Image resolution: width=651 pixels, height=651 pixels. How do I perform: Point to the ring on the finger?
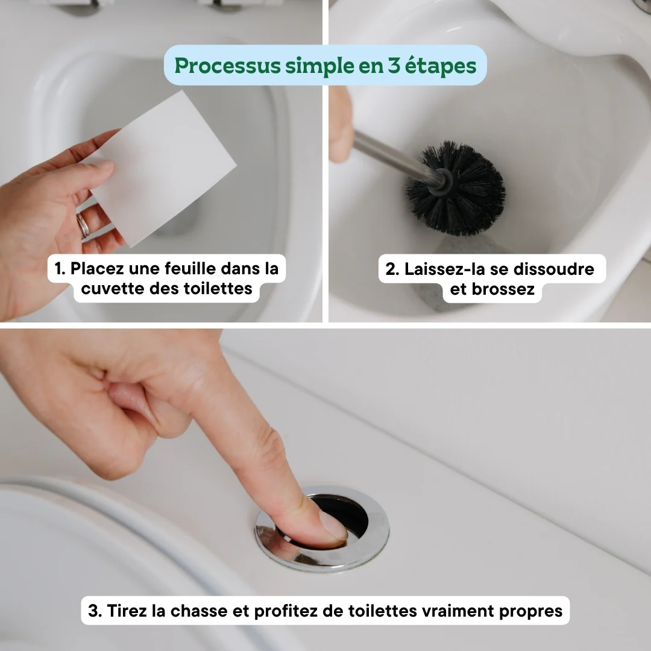pos(83,225)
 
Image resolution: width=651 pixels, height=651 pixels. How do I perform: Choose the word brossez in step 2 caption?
pos(503,289)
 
